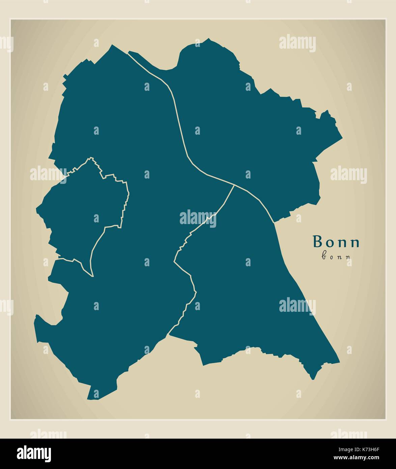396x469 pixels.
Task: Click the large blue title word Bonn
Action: click(336, 242)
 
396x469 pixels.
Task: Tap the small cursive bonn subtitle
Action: click(336, 256)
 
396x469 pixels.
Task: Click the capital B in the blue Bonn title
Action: click(317, 242)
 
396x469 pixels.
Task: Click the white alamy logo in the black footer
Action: click(34, 453)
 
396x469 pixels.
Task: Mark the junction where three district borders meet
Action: click(234, 185)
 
